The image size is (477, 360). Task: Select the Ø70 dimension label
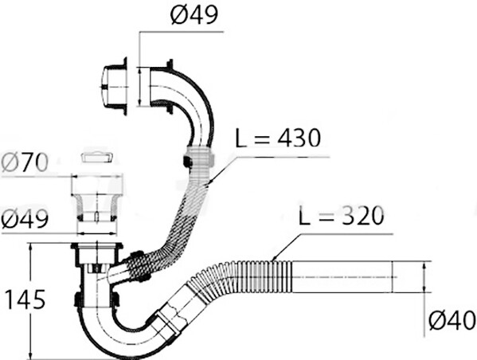click(x=25, y=162)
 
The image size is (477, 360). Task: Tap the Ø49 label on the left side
click(x=25, y=218)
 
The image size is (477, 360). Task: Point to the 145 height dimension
click(x=25, y=299)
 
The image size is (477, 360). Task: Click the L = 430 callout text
click(x=278, y=138)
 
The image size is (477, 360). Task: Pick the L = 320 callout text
click(x=342, y=216)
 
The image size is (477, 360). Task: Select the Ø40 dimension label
click(x=452, y=320)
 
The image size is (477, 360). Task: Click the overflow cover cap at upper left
click(x=113, y=87)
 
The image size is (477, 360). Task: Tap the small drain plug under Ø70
click(x=98, y=158)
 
